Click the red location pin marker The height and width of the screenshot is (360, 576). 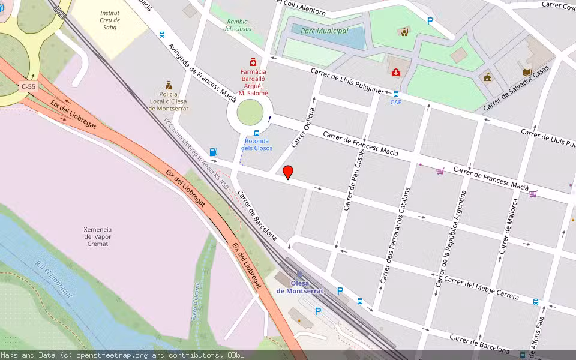pos(288,172)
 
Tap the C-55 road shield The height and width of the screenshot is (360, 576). pos(28,86)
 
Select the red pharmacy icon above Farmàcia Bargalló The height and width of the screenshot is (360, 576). pos(253,62)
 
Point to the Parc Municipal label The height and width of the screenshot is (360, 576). pos(324,31)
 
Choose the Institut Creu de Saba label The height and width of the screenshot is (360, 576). pos(110,20)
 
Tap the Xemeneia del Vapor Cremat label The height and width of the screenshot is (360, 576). pos(98,236)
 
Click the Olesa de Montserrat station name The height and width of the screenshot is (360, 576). pos(299,287)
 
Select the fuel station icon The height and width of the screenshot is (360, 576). pos(213,152)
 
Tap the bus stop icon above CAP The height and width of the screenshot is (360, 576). pos(396,94)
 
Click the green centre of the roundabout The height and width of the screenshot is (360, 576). pos(250,112)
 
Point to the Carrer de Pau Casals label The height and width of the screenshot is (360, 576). pos(353,179)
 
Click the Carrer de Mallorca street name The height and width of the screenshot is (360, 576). pos(508,235)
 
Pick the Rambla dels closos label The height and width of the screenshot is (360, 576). pos(238,25)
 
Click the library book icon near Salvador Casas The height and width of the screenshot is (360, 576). pos(527,72)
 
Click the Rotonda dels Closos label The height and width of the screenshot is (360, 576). pos(257,145)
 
